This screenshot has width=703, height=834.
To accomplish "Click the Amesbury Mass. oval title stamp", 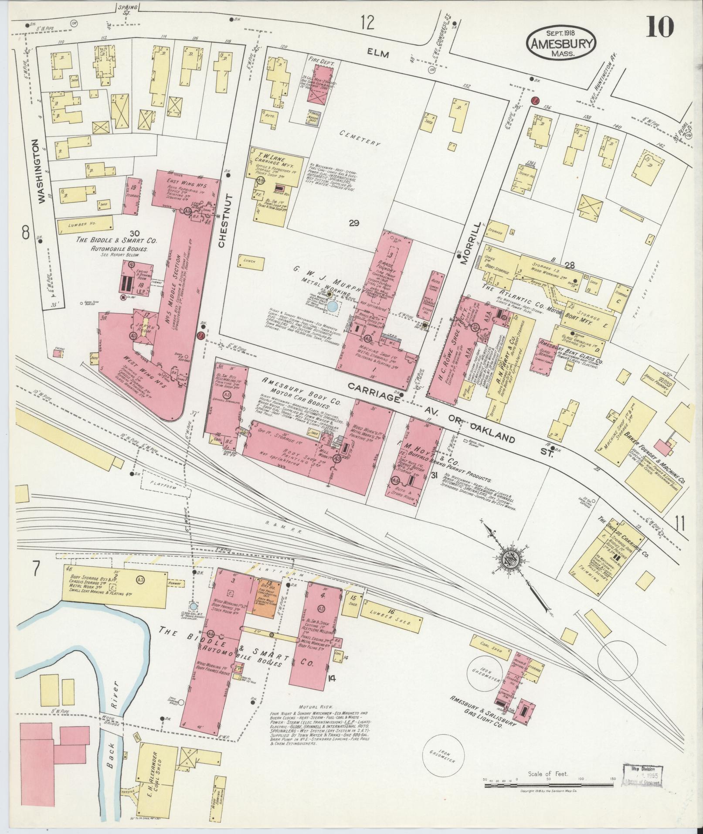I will (561, 43).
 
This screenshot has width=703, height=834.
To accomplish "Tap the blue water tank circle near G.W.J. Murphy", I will (332, 306).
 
